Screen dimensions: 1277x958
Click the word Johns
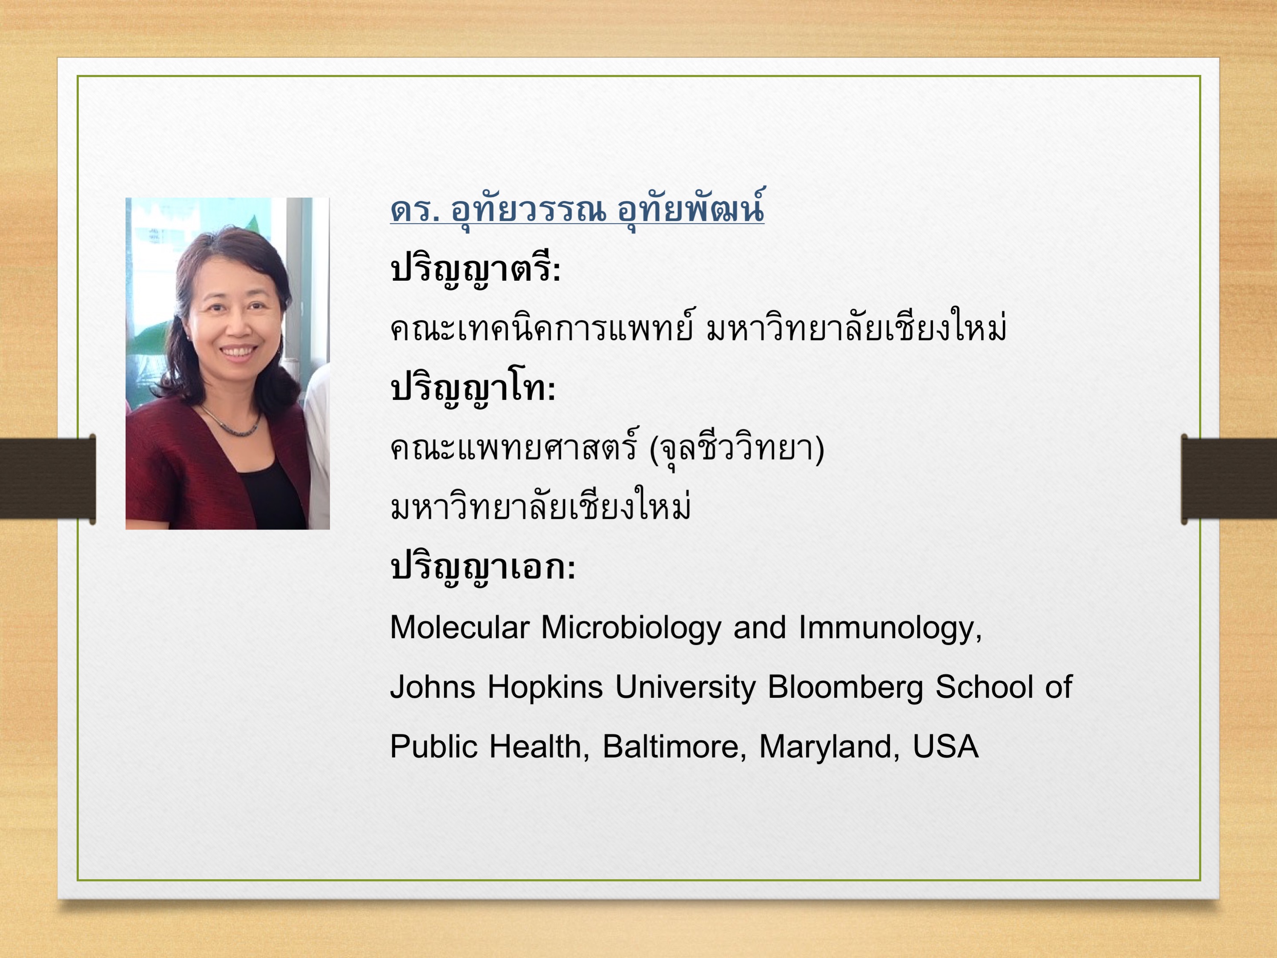click(432, 687)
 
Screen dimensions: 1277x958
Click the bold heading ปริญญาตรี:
click(475, 269)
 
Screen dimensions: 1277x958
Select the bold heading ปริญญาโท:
click(473, 388)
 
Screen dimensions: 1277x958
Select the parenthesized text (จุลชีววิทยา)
click(737, 449)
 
